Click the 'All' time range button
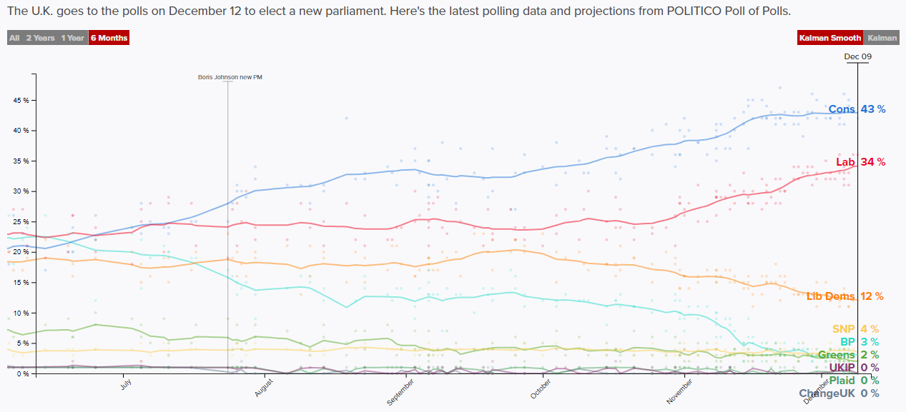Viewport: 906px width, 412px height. click(14, 38)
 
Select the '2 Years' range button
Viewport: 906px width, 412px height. click(40, 38)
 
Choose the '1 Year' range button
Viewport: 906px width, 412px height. click(72, 38)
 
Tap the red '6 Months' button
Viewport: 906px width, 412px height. click(109, 38)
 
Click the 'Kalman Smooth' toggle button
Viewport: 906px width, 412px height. click(829, 38)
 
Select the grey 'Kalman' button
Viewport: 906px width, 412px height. click(881, 38)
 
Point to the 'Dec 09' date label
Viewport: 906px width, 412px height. click(857, 56)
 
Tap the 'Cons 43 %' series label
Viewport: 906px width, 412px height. click(857, 109)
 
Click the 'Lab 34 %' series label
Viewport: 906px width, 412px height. click(860, 162)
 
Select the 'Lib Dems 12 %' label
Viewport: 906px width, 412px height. click(845, 296)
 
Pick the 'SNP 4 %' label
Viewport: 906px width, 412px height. click(855, 329)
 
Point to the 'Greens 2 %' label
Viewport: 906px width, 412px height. click(847, 355)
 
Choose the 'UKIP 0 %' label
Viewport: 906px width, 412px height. click(854, 368)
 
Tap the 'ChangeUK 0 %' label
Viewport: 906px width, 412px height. click(839, 393)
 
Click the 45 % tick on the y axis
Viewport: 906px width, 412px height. click(21, 101)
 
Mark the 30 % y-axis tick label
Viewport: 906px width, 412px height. click(21, 191)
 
